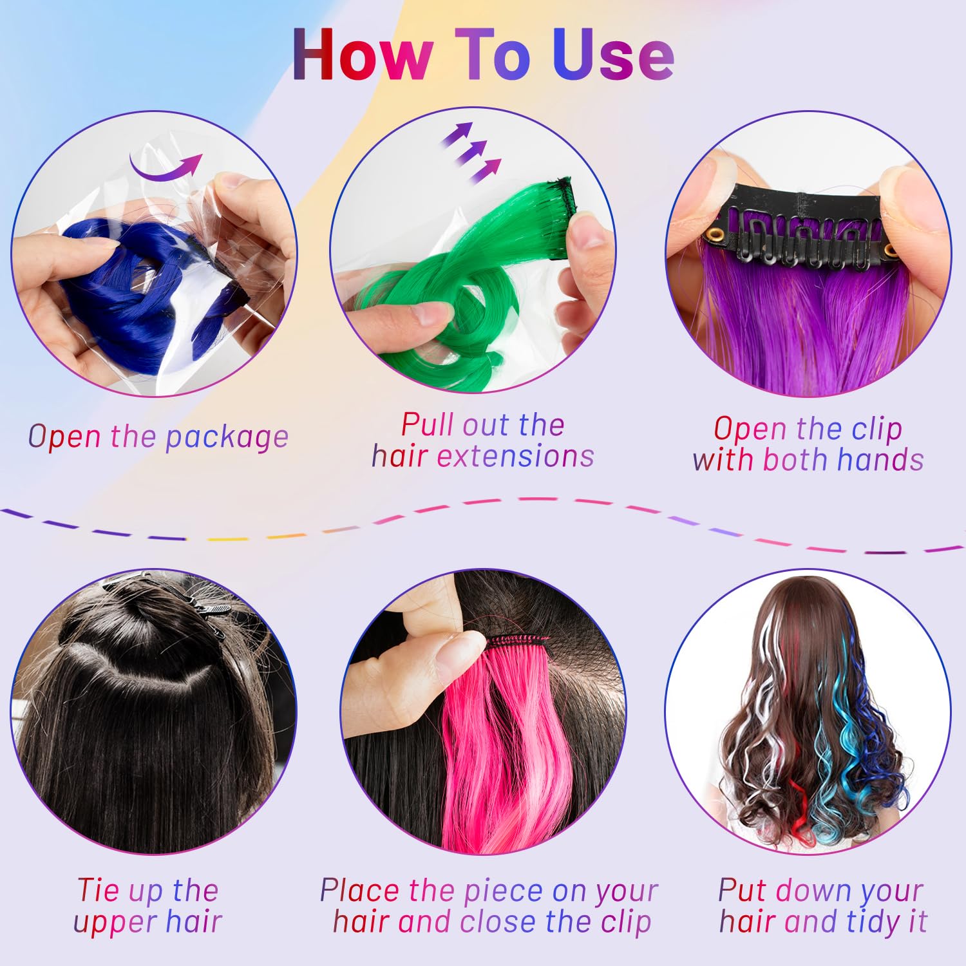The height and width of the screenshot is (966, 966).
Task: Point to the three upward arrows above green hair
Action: (470, 151)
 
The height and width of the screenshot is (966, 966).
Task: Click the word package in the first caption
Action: (227, 438)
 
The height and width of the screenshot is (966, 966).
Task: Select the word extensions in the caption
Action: (515, 457)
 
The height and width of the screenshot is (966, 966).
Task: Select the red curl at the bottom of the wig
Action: (799, 818)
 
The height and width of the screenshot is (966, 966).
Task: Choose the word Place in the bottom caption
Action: (359, 891)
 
